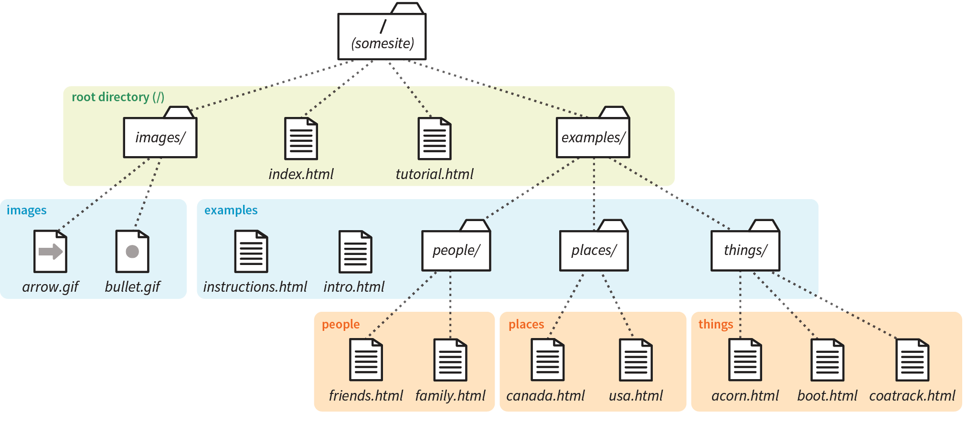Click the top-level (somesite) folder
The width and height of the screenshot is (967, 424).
[382, 36]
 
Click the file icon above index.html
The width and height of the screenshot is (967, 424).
[301, 138]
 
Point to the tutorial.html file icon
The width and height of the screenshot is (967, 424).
[435, 138]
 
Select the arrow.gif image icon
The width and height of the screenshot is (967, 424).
[50, 251]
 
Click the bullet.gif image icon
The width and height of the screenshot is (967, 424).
[132, 251]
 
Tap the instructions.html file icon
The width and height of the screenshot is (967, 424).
[251, 251]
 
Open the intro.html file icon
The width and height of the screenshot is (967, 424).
[355, 251]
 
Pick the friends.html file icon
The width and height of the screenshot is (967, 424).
[366, 360]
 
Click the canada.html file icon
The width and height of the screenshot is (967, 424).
[547, 360]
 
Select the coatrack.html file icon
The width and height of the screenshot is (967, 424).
[912, 360]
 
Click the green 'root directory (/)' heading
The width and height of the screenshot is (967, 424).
[118, 97]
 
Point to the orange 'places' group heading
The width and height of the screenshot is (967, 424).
[526, 324]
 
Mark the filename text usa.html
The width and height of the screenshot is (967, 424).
[636, 396]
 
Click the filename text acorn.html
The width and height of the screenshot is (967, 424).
[745, 396]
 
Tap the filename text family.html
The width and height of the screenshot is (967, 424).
[450, 396]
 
